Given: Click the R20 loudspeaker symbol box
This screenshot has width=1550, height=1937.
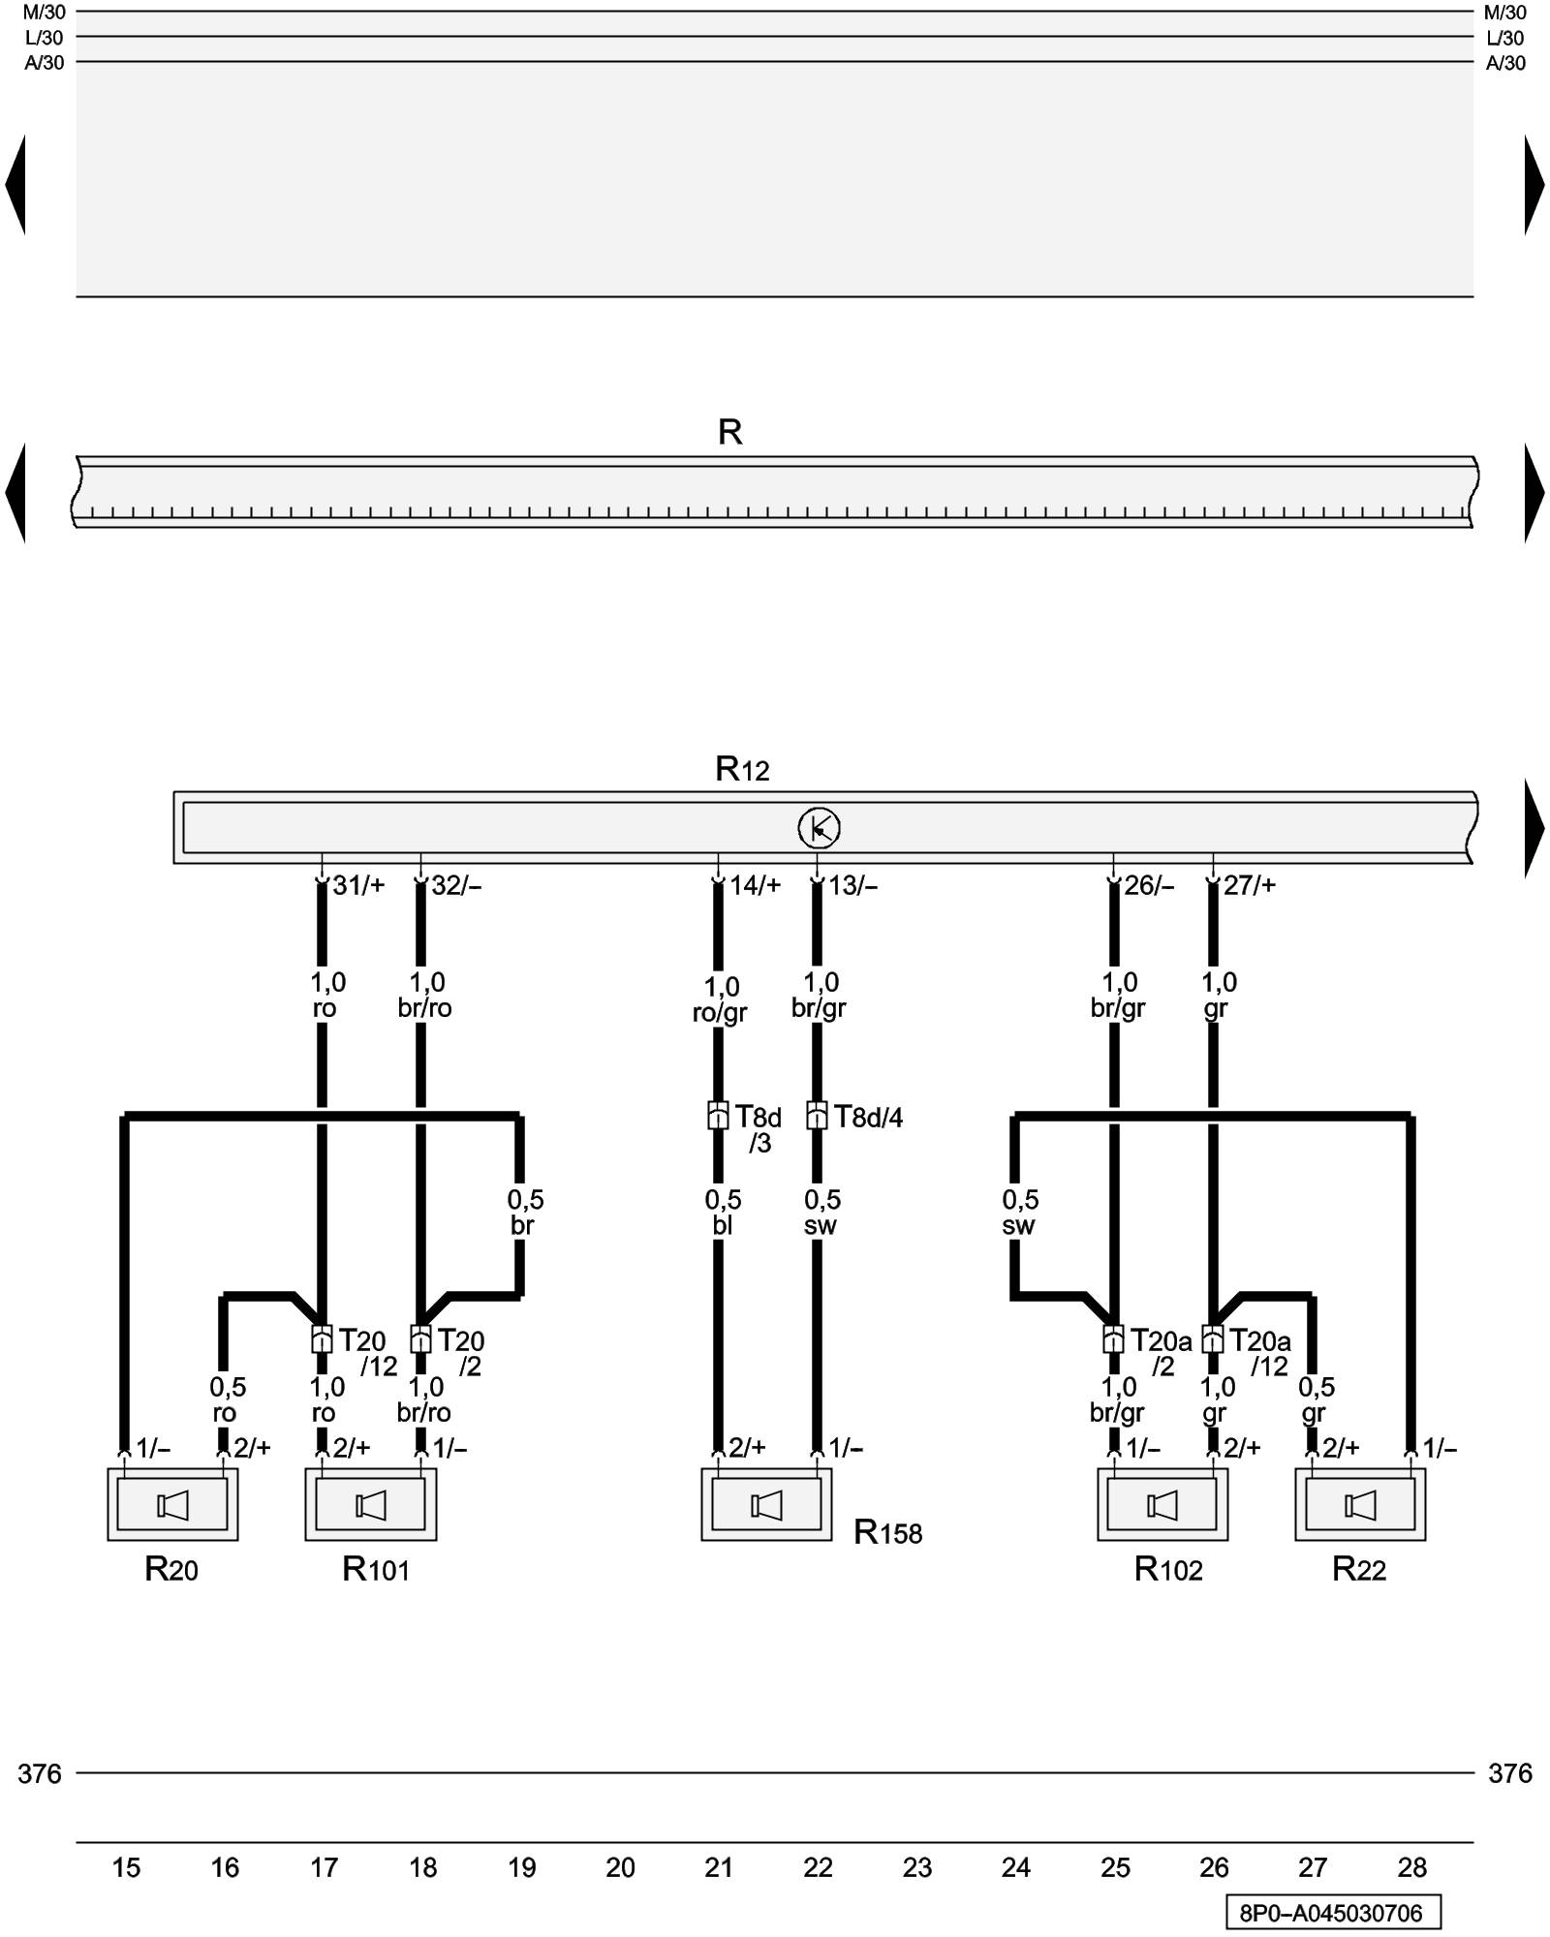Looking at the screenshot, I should click(172, 1505).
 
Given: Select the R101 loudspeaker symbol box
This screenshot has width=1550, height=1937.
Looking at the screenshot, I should click(370, 1505).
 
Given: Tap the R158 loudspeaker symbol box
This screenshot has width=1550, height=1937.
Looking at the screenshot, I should click(766, 1505).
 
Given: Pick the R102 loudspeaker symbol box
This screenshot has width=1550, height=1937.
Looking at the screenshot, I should click(1162, 1505).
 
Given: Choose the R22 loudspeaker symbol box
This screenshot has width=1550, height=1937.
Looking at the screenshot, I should click(1360, 1505).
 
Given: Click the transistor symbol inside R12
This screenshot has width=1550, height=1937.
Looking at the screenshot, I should click(819, 828).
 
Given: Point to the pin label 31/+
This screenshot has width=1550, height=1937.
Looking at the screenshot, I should click(358, 885).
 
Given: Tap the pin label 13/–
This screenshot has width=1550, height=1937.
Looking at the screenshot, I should click(852, 885).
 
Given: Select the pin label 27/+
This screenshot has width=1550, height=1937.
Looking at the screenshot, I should click(1249, 885).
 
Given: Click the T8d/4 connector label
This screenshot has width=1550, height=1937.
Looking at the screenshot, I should click(868, 1118).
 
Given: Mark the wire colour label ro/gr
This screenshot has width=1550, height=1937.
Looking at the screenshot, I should click(720, 1013).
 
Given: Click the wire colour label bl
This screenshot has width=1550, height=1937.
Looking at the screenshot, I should click(722, 1226).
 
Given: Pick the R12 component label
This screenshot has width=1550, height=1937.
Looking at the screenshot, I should click(742, 769).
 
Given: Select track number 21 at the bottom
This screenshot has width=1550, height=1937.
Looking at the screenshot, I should click(719, 1867).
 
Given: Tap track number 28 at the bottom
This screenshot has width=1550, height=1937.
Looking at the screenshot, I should click(1411, 1867).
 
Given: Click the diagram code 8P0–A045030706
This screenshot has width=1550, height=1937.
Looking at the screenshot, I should click(1332, 1913).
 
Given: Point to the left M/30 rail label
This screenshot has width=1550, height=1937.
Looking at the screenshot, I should click(45, 13).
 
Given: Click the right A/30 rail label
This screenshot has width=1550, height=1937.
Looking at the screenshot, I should click(1505, 63).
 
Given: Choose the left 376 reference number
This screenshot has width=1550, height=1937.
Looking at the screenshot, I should click(40, 1773).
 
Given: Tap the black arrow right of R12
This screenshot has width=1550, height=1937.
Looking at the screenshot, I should click(1534, 828).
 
